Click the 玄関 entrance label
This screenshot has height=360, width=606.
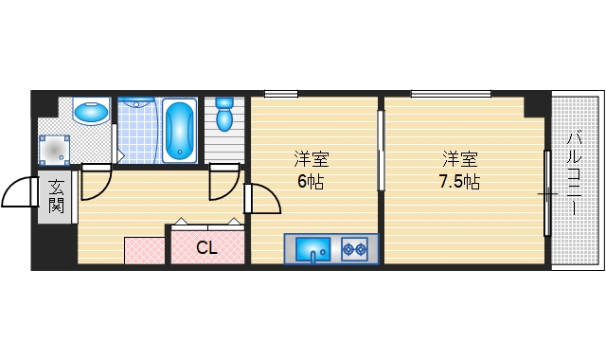point(56,197)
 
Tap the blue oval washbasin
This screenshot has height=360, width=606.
point(92,112)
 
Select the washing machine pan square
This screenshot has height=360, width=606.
point(55,149)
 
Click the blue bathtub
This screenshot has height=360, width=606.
point(178,130)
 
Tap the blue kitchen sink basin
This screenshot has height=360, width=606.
point(312,250)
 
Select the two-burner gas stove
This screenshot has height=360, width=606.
point(355,249)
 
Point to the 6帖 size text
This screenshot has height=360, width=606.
point(311,182)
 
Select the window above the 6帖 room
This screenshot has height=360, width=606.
point(281,93)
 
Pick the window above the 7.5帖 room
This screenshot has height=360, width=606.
point(451,93)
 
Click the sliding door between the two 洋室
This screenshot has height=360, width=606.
point(381,152)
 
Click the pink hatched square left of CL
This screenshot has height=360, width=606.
point(145,250)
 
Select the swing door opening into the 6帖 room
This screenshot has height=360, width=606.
point(263,199)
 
